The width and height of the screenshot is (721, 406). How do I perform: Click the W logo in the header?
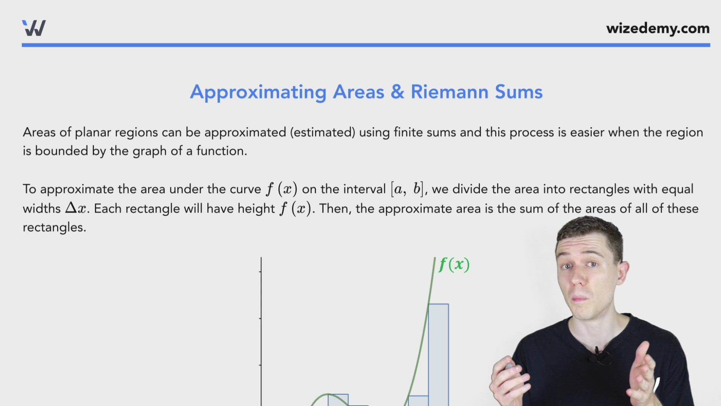[x=34, y=28]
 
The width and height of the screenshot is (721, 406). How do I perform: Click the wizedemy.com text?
[x=658, y=29]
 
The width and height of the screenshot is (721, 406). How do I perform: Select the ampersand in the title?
[x=397, y=92]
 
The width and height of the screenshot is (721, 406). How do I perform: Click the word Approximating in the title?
[x=258, y=92]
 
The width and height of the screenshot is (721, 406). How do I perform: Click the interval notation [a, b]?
[x=407, y=189]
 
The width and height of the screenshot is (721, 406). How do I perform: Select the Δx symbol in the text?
[x=76, y=208]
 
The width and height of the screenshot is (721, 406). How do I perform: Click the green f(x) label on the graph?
[x=454, y=264]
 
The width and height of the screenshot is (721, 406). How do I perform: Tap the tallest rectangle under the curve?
[x=438, y=353]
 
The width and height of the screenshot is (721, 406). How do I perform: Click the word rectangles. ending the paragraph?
[x=54, y=227]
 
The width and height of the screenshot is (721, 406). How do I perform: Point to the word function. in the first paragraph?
[x=222, y=151]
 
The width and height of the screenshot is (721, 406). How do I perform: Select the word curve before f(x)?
[x=245, y=189]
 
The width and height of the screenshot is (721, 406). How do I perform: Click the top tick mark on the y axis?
[x=260, y=271]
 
